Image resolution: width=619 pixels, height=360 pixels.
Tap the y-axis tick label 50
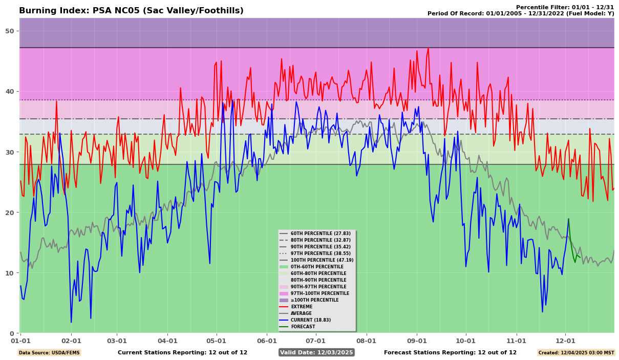tap(10, 31)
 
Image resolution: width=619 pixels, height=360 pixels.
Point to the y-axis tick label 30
tap(10, 152)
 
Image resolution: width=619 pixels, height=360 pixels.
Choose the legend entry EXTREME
tap(302, 307)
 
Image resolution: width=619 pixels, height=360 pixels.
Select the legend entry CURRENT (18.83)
tap(311, 320)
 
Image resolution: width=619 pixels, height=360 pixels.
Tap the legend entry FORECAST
tap(303, 327)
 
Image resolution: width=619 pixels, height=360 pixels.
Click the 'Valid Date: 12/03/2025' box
tap(316, 352)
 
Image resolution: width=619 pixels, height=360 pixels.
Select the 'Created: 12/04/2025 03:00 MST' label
tap(576, 352)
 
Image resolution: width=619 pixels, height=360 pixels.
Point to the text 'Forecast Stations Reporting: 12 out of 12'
tap(450, 352)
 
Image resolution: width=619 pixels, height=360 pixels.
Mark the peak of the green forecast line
tap(568, 219)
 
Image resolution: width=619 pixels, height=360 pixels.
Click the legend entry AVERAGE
tap(302, 313)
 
